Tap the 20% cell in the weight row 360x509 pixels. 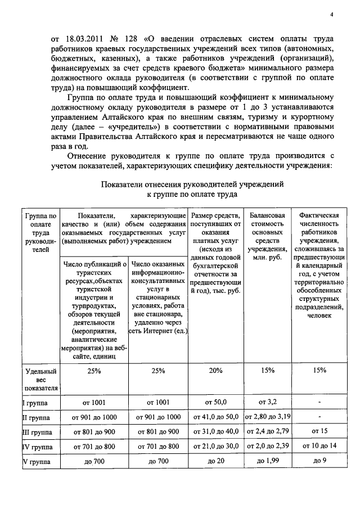(x=215, y=371)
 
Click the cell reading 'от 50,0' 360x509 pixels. (x=215, y=403)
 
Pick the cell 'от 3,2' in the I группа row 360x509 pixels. (x=267, y=402)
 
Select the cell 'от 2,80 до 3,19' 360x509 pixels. (x=267, y=417)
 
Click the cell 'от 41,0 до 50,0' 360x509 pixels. (x=215, y=417)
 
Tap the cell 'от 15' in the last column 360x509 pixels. (x=319, y=431)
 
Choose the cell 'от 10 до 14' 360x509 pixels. (x=319, y=446)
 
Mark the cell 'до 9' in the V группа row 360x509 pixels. (x=319, y=461)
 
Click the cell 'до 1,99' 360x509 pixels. (x=267, y=461)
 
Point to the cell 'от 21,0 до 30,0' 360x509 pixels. (x=215, y=446)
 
